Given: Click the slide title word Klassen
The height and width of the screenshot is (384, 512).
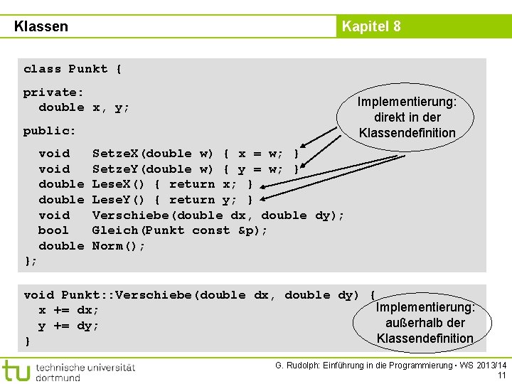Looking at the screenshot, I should pos(41,26).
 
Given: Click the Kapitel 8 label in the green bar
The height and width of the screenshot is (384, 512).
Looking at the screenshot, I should pos(371,26).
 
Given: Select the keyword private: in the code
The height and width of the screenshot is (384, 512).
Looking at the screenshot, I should pos(53,92).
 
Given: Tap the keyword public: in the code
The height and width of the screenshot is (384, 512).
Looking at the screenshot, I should pos(50,131).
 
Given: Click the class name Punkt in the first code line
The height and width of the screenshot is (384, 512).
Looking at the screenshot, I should pos(87,69).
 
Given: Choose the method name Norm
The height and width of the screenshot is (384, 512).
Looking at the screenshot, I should pos(107,246).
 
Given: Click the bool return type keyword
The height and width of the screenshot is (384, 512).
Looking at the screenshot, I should pos(53,230).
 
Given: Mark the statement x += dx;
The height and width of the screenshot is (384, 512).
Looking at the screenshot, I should pos(69,310).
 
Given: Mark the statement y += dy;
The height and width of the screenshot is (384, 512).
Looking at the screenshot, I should pos(69,326).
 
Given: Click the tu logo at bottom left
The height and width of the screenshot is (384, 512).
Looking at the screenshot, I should pos(16,370).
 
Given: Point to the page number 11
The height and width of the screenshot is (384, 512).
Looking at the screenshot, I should pos(501,375).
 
